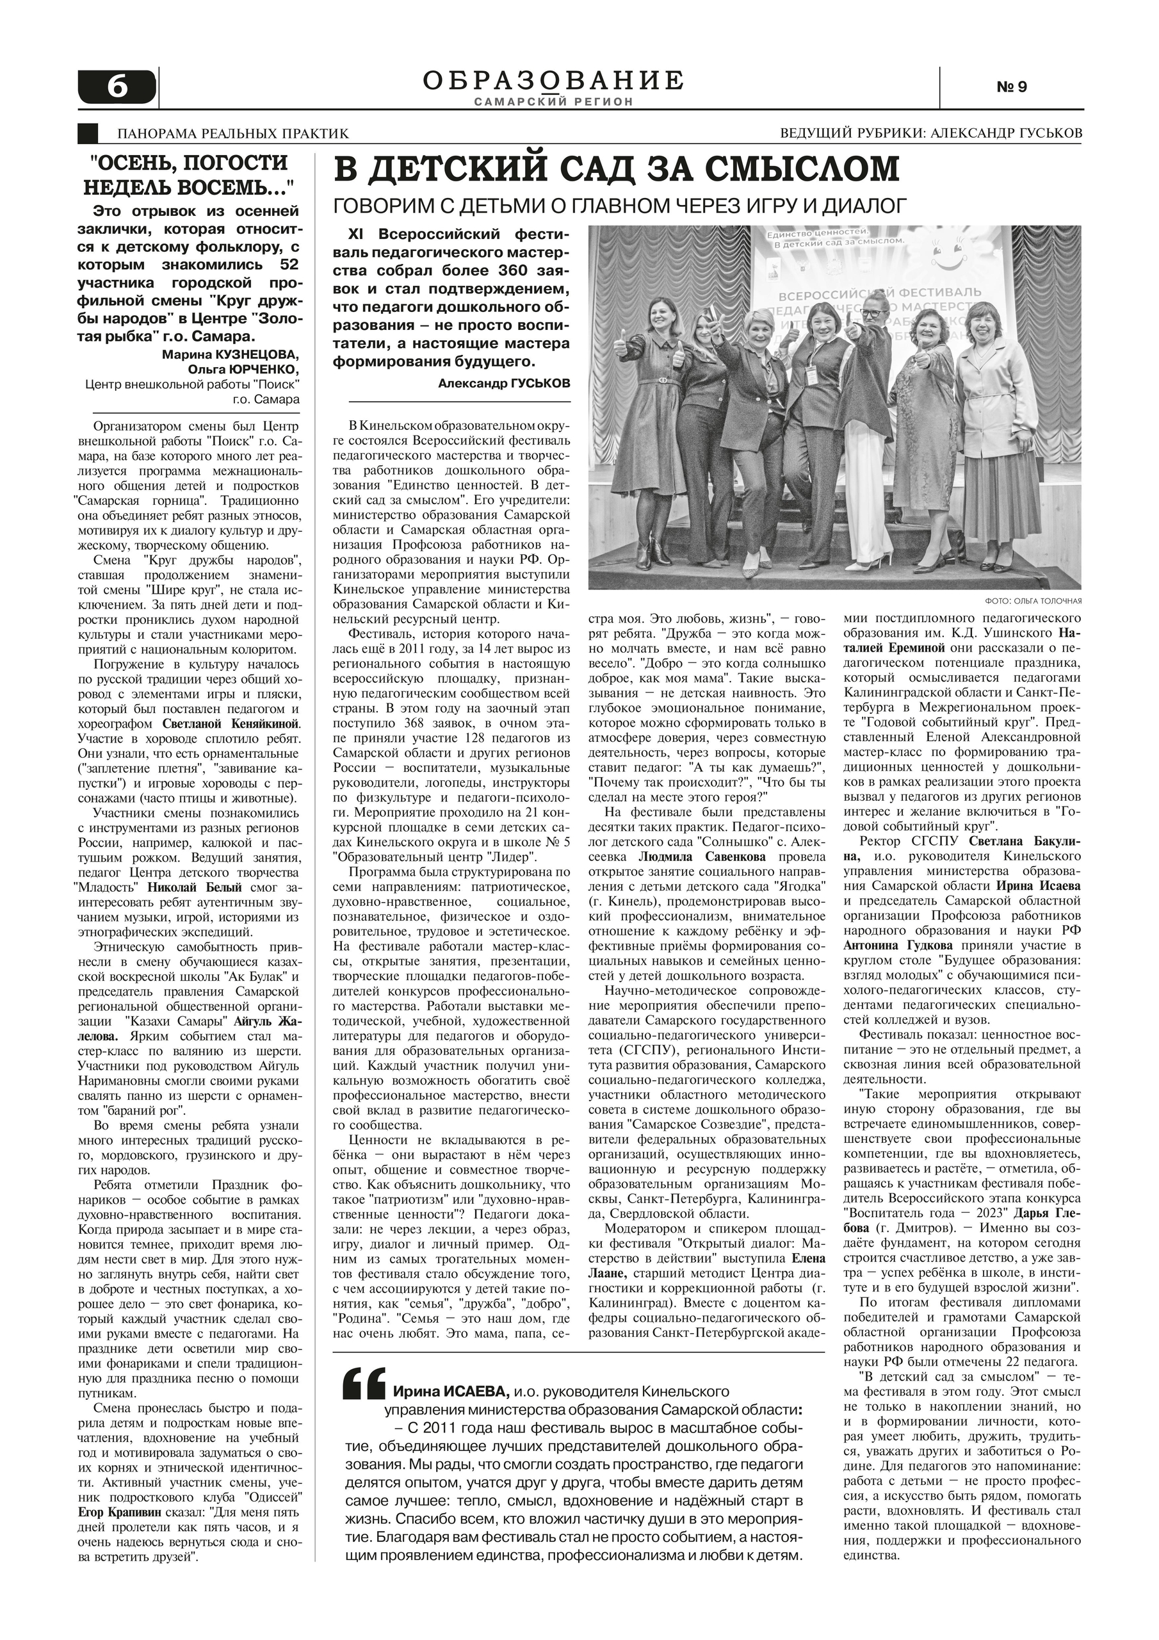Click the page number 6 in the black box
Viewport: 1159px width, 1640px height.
click(x=117, y=87)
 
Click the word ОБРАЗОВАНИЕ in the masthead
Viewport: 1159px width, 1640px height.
click(x=553, y=80)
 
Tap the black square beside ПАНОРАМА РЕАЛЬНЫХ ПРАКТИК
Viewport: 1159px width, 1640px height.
click(x=87, y=133)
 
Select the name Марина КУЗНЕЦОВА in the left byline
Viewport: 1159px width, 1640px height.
click(x=231, y=354)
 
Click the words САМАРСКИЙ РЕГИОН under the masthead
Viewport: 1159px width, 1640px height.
click(x=553, y=102)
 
